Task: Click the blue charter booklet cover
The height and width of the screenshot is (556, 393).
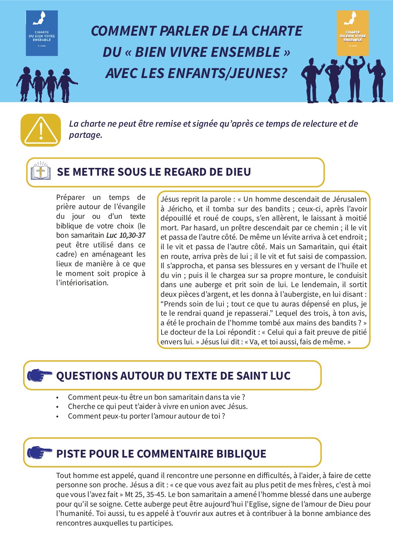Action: click(x=42, y=33)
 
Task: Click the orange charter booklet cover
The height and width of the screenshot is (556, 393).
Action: click(x=353, y=33)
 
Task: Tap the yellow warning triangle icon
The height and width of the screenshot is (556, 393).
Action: click(x=40, y=130)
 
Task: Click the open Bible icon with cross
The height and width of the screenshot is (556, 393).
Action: click(x=40, y=172)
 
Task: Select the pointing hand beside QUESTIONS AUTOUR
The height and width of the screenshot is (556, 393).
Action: click(x=39, y=375)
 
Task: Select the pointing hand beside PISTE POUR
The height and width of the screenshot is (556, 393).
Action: click(x=39, y=453)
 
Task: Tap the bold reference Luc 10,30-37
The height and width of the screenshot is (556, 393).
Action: click(x=126, y=235)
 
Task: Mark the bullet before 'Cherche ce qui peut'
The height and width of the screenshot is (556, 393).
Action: click(x=58, y=407)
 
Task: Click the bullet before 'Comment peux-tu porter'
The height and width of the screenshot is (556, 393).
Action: click(x=58, y=417)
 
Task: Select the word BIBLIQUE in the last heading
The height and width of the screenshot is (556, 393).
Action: click(x=241, y=454)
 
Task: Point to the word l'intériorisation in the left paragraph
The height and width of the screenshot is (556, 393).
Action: click(x=82, y=283)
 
